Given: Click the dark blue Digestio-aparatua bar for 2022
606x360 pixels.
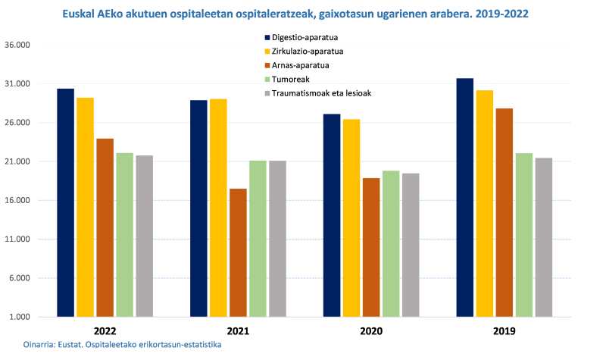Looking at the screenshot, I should [x=65, y=202].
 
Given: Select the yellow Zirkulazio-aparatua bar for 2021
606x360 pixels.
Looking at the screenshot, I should [x=218, y=208].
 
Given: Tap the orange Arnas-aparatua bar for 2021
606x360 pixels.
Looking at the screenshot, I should [x=238, y=252].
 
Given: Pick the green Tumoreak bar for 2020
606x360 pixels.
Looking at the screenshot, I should [x=391, y=243].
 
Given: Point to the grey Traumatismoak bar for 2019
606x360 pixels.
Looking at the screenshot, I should [x=544, y=237].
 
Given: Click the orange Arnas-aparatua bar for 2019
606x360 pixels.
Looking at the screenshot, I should [x=504, y=212].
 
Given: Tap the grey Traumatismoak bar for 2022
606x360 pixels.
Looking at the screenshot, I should [x=144, y=236].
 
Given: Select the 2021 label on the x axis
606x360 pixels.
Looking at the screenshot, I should [x=238, y=331].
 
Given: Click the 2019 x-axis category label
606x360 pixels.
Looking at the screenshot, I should [x=504, y=331].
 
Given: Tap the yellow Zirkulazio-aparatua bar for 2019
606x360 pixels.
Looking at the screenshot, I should [x=485, y=203].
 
